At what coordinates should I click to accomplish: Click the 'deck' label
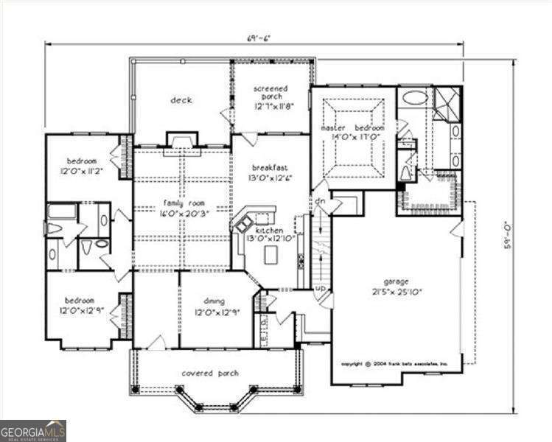tap(181, 100)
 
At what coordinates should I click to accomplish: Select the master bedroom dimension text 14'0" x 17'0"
tap(352, 137)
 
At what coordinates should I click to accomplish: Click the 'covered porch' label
tap(210, 373)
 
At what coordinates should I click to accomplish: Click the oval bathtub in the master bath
tap(414, 97)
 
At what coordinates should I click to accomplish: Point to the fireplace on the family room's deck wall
tap(181, 141)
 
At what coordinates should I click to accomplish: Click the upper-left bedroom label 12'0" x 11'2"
tap(82, 166)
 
